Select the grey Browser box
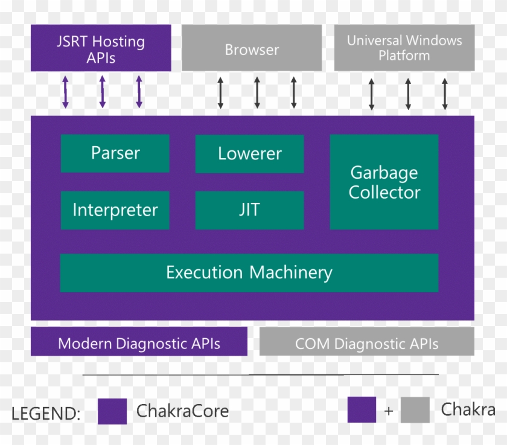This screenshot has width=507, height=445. [252, 49]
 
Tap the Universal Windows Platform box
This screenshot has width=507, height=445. [404, 48]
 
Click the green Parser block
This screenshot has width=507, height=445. [115, 153]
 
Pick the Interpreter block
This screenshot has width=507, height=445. [115, 210]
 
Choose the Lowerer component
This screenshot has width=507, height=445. [249, 153]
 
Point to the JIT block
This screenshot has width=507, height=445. [249, 210]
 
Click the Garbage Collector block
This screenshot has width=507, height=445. [384, 182]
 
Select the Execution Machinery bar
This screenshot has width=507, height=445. [249, 272]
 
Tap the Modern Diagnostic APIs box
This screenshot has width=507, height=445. [139, 344]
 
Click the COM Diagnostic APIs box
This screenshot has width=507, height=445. [366, 344]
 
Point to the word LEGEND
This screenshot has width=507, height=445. [46, 414]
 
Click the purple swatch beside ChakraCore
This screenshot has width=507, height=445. [112, 411]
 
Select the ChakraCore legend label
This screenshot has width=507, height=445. [182, 411]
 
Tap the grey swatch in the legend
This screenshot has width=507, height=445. [415, 410]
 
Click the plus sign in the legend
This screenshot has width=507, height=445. [389, 411]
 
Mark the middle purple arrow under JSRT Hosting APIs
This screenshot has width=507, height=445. [103, 92]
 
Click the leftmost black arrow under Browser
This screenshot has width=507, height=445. [220, 92]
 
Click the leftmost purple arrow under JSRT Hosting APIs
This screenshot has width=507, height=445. [65, 92]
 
